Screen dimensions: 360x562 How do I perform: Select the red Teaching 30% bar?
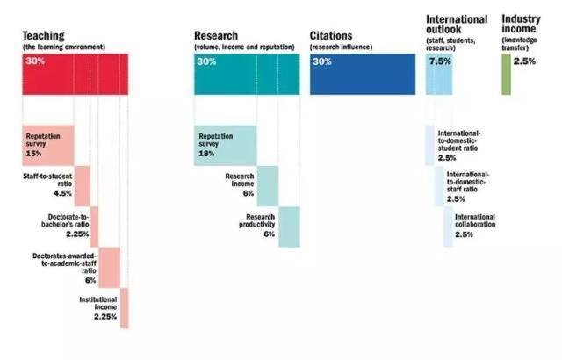[x=76, y=73]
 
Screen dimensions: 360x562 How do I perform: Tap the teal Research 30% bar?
[x=247, y=73]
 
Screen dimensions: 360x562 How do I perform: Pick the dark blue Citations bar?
[x=362, y=73]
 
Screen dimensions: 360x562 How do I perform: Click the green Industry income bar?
[x=505, y=74]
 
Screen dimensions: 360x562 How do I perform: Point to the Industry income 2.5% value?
[x=524, y=61]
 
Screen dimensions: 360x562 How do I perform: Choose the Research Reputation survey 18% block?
[x=225, y=145]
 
